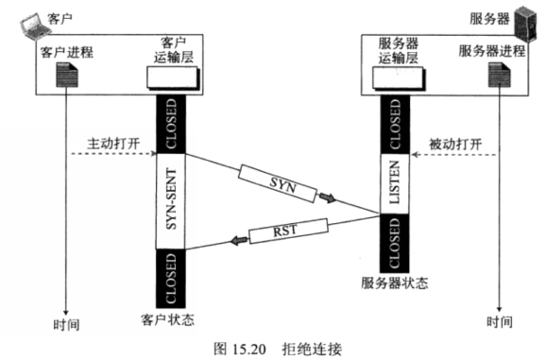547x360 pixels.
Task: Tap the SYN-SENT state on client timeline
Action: click(170, 202)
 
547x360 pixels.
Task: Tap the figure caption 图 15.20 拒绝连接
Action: click(273, 347)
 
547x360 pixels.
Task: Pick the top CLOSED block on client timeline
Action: click(170, 124)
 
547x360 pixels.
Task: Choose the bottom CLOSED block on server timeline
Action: click(397, 241)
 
